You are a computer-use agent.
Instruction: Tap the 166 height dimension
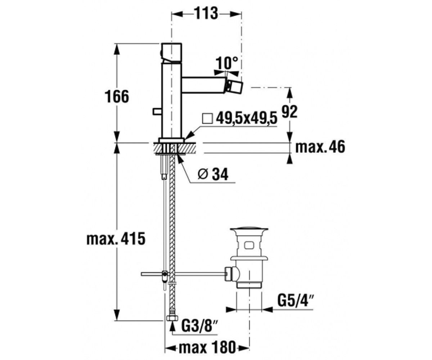click(117, 96)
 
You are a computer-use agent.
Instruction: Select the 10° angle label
click(227, 63)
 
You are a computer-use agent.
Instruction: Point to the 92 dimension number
click(289, 112)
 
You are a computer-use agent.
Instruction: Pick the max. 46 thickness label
click(320, 147)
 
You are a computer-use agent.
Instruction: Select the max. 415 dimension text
click(116, 239)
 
